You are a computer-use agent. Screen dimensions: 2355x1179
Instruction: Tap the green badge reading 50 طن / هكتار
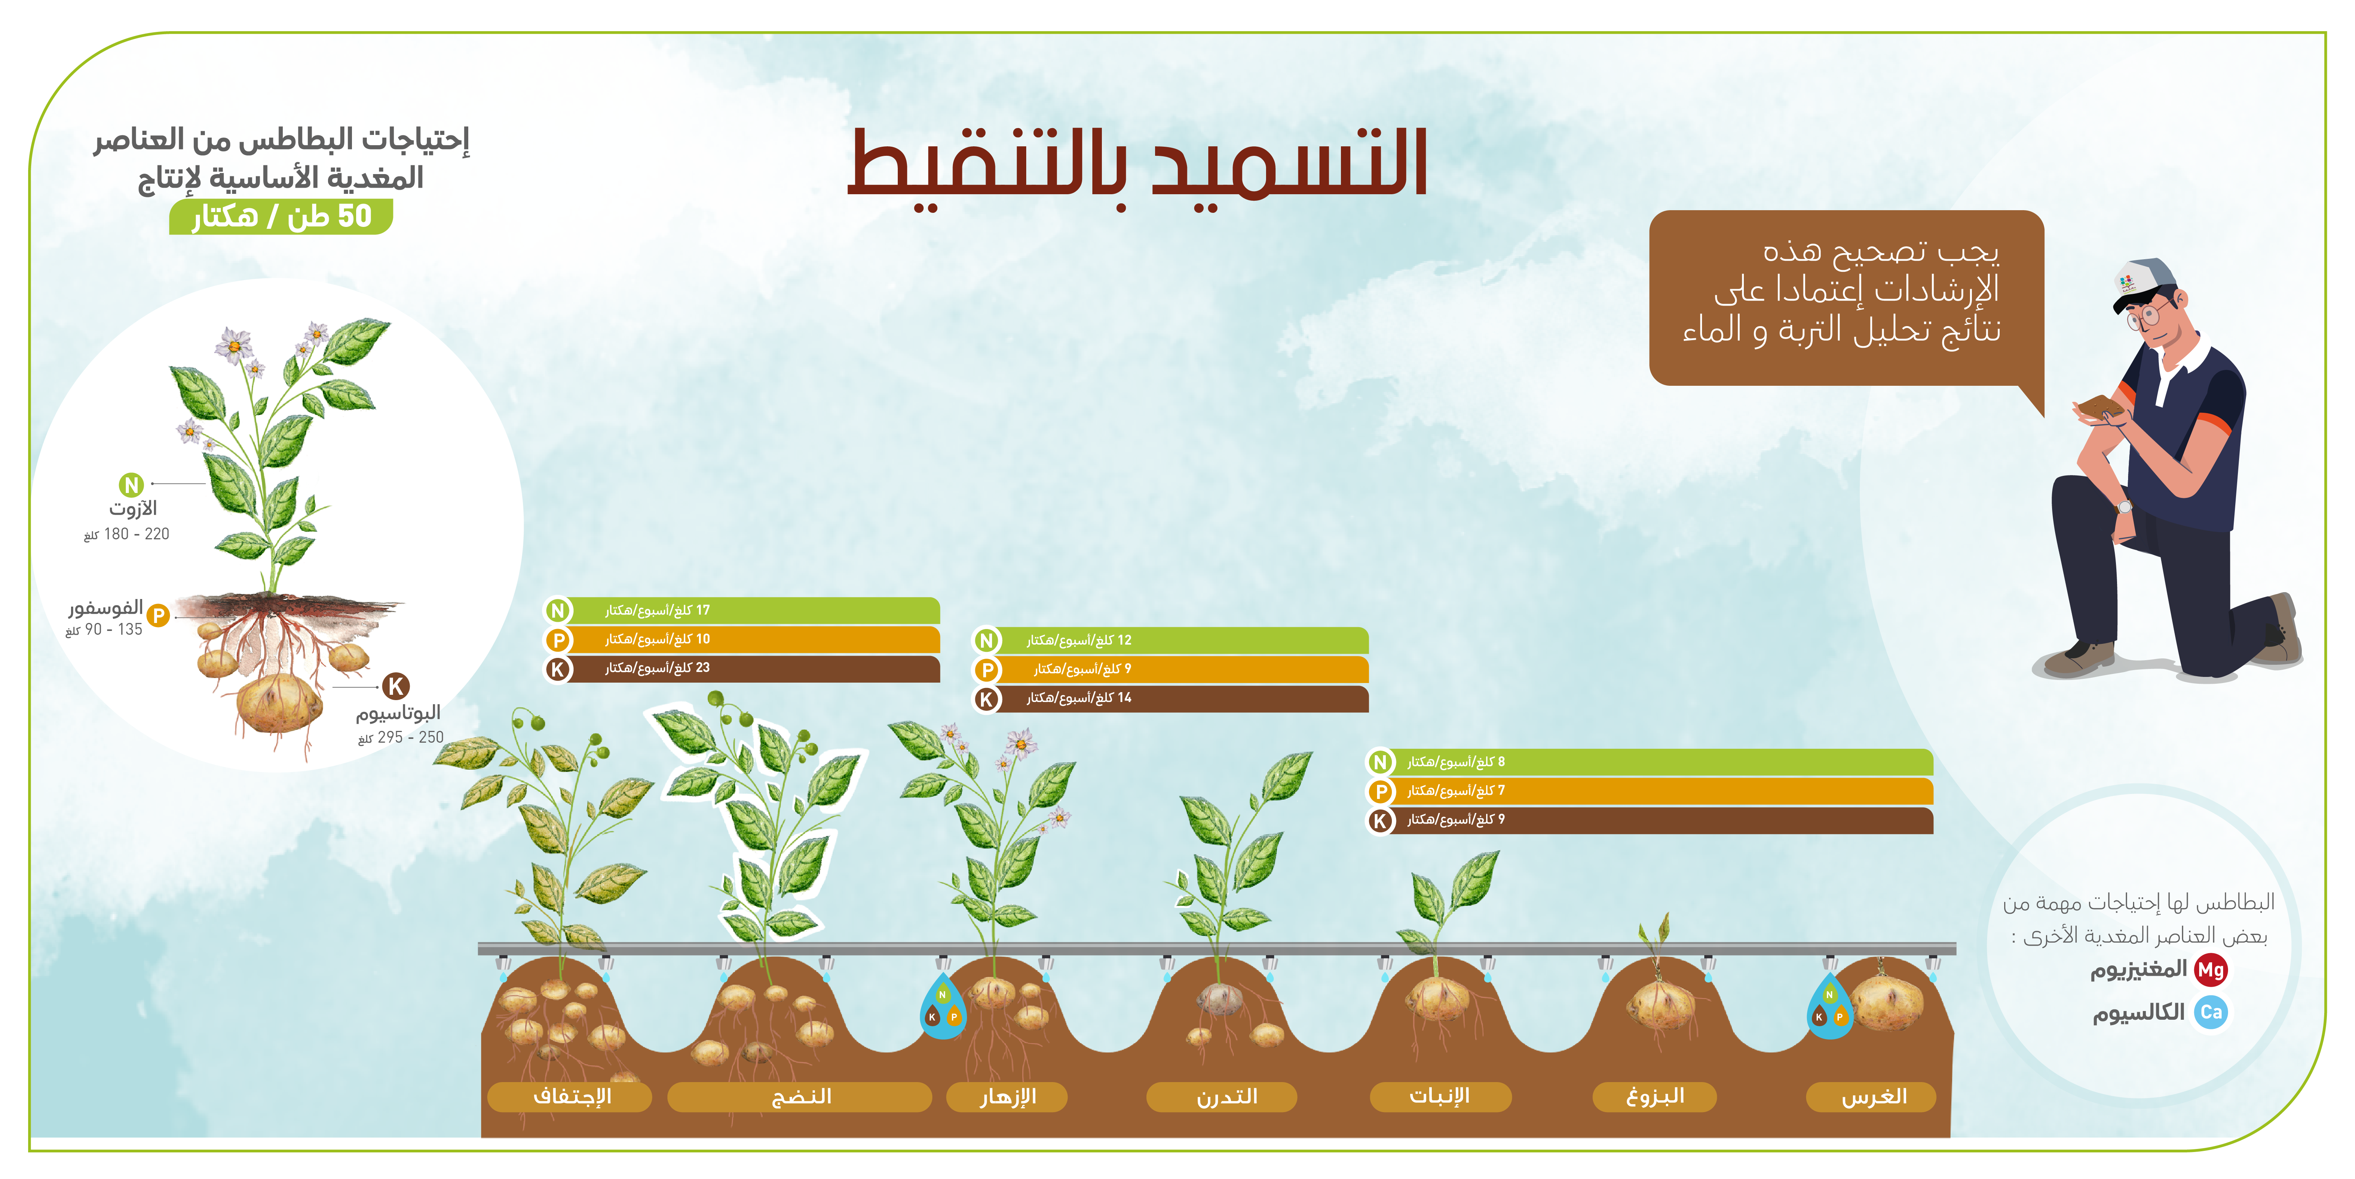[x=281, y=217]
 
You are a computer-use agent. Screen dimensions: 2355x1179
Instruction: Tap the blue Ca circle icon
[x=2211, y=1012]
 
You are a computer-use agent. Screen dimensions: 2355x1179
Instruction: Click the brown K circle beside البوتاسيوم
[x=396, y=685]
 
